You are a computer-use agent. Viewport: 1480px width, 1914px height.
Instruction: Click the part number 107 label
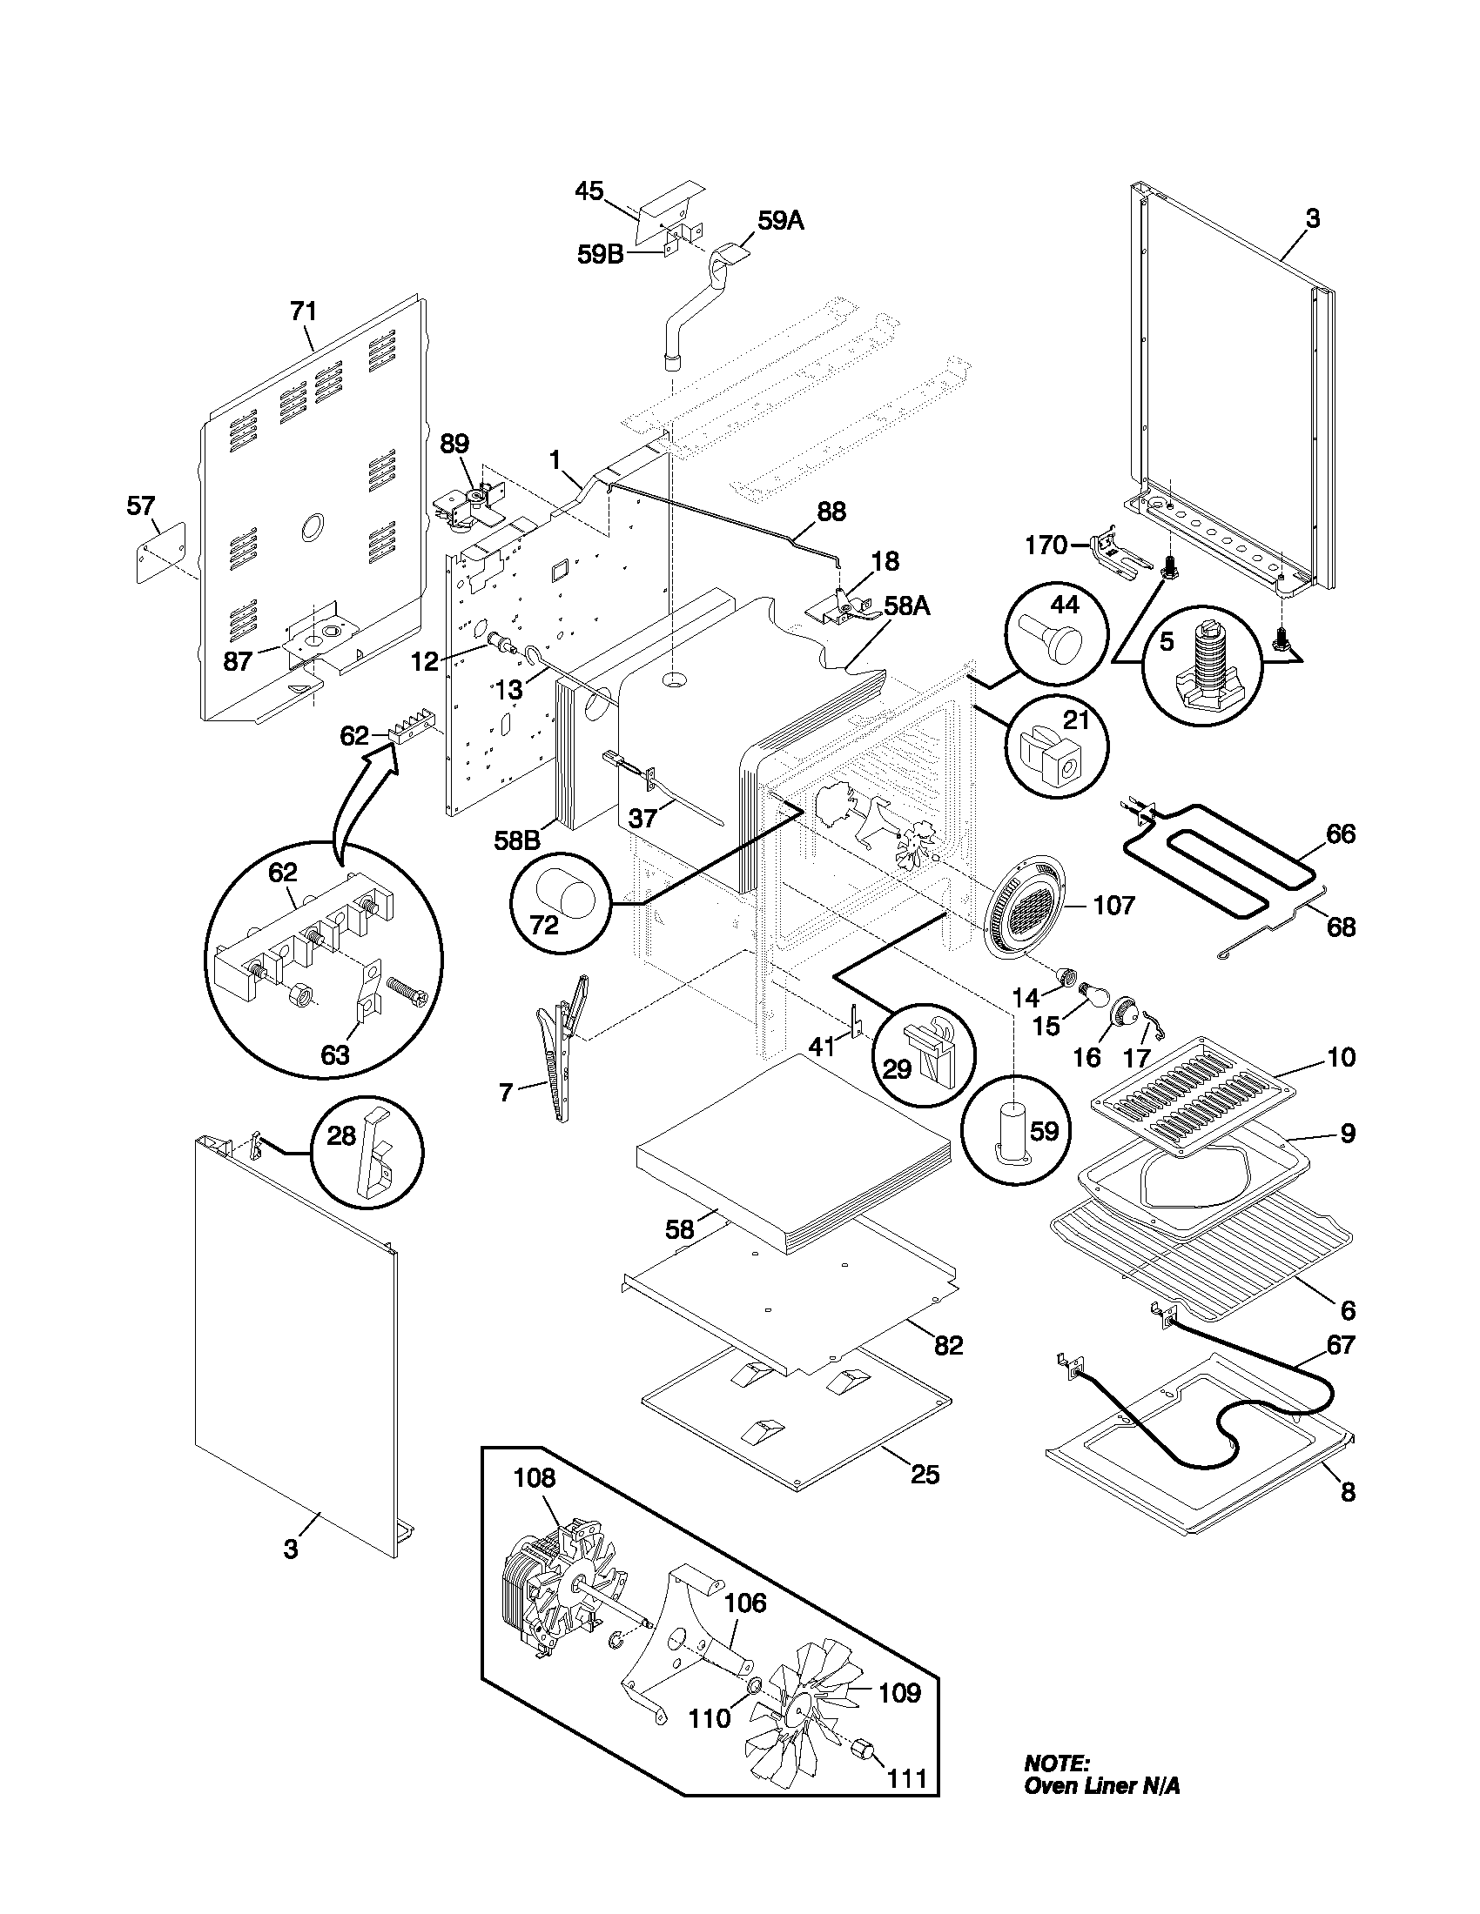point(1113,905)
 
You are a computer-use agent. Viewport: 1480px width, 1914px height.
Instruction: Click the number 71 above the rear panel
point(303,312)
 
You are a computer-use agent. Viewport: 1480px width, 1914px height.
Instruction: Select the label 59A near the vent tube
point(780,221)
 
